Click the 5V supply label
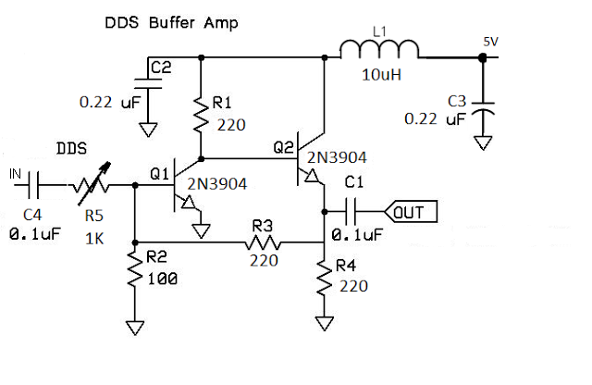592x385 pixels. pos(491,43)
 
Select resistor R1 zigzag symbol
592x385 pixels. pos(199,114)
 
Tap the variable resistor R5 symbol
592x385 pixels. pos(92,185)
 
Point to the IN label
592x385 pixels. pos(15,173)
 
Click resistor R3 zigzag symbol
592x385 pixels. pos(262,242)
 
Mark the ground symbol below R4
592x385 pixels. pos(324,323)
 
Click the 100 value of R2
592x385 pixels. pos(163,278)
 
